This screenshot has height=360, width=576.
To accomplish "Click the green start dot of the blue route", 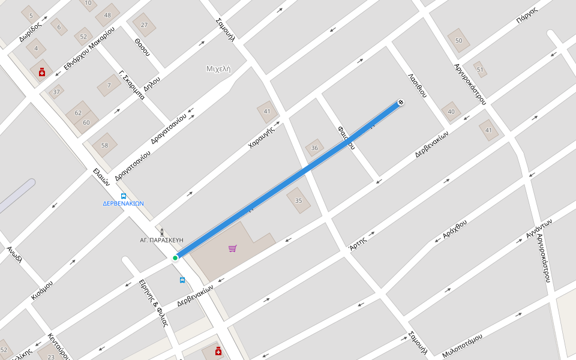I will [x=175, y=258].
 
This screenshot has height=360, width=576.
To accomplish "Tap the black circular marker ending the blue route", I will [x=400, y=103].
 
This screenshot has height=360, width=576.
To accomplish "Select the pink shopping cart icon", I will [x=233, y=248].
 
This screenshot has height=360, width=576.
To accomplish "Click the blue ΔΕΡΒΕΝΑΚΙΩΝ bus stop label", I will [x=123, y=203].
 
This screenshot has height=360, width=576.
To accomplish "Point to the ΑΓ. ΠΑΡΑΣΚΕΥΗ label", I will [x=161, y=239].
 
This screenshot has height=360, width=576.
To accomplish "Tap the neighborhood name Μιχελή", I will [x=218, y=68].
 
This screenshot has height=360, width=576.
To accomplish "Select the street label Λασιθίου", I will [x=417, y=85].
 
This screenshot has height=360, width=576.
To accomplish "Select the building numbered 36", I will [x=314, y=148].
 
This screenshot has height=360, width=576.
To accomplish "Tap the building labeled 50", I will [x=459, y=40].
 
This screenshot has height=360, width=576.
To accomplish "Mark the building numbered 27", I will [x=144, y=25].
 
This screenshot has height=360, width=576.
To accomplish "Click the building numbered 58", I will [x=104, y=145].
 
